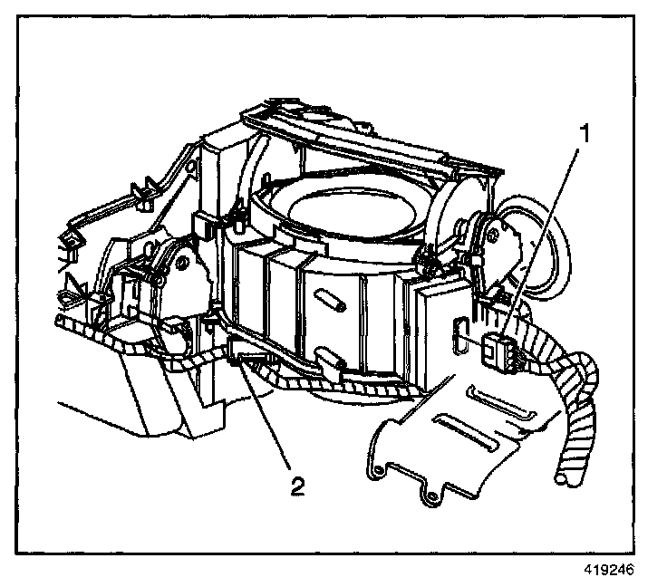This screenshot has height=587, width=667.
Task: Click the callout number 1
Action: tap(585, 135)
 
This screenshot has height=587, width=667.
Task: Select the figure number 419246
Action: tap(608, 571)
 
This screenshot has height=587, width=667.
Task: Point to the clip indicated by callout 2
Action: tap(243, 362)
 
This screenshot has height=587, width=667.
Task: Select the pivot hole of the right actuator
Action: tap(495, 231)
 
